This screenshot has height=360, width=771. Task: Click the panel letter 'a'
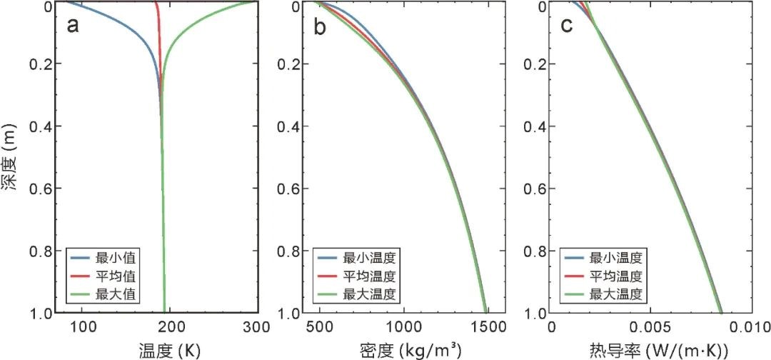click(x=72, y=26)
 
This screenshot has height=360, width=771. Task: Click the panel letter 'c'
click(x=567, y=26)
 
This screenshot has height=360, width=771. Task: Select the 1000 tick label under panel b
click(x=403, y=328)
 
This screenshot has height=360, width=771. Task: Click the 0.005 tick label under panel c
click(x=649, y=328)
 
